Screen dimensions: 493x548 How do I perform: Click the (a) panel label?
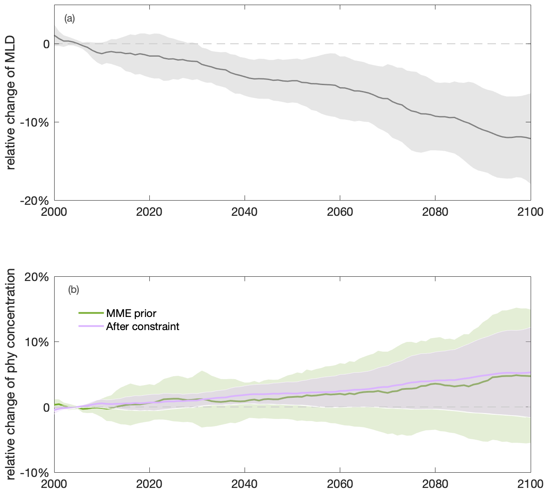tap(69, 18)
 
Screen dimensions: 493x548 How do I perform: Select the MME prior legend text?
tap(131, 314)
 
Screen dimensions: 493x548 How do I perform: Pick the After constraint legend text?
tap(143, 327)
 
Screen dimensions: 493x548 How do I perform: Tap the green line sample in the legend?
tap(91, 314)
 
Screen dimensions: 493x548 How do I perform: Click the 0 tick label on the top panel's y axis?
tap(46, 44)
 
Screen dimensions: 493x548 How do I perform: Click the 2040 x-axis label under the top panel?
tap(245, 212)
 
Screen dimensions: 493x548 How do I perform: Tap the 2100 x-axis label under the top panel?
tap(530, 212)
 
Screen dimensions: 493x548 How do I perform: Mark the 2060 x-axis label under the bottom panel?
tap(340, 484)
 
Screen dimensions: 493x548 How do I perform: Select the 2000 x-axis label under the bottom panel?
tap(55, 484)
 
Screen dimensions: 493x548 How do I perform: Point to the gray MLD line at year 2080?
tap(435, 116)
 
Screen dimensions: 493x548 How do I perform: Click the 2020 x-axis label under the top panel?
tap(149, 212)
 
